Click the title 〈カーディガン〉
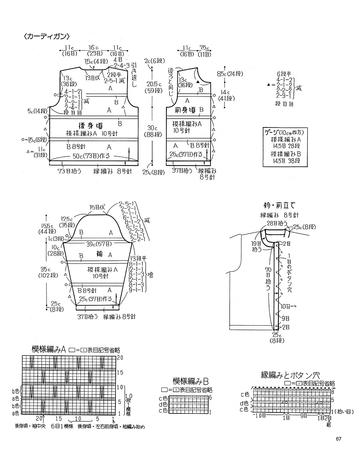(x=47, y=36)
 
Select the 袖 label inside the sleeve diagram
(x=100, y=254)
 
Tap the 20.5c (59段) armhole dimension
(x=153, y=86)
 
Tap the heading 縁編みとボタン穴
(x=290, y=374)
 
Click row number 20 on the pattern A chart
(x=120, y=358)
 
